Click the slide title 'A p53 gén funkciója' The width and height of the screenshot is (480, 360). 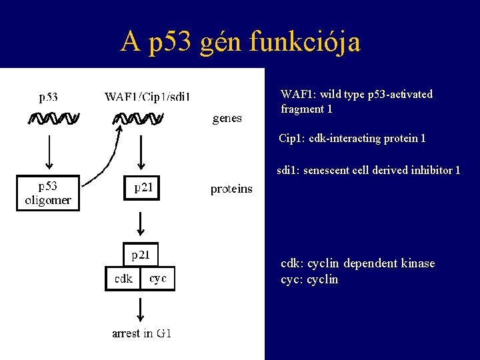point(240,41)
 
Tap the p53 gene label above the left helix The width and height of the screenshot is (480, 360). point(48,97)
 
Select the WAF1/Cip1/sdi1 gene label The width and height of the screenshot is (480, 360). point(147,97)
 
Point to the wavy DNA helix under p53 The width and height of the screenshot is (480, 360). point(53,119)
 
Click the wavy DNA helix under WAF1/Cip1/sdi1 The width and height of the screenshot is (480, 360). point(139,119)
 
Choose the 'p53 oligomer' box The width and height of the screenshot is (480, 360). point(48,193)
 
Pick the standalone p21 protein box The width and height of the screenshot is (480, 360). point(142,188)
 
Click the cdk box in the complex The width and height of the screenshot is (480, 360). point(123,279)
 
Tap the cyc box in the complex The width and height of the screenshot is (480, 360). point(158,279)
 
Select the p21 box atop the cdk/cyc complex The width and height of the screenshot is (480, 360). point(141,255)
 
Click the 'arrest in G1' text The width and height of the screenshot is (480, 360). point(141,333)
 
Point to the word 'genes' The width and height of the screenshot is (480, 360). point(227,119)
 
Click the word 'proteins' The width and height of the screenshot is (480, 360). point(231,189)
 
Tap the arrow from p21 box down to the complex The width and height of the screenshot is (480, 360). point(141,220)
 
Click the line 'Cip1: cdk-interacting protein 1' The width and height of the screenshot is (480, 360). point(352,139)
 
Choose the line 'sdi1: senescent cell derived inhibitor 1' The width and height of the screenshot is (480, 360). point(368,171)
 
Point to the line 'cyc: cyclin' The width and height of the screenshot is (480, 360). point(309,279)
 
